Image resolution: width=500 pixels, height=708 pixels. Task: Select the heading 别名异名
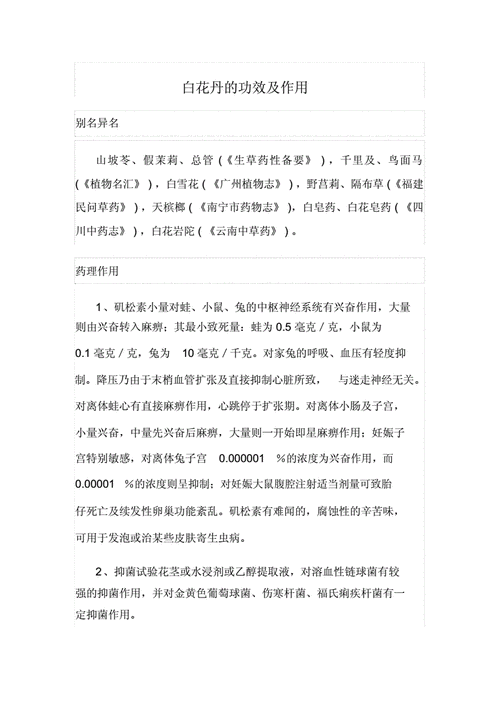pyautogui.click(x=98, y=123)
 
